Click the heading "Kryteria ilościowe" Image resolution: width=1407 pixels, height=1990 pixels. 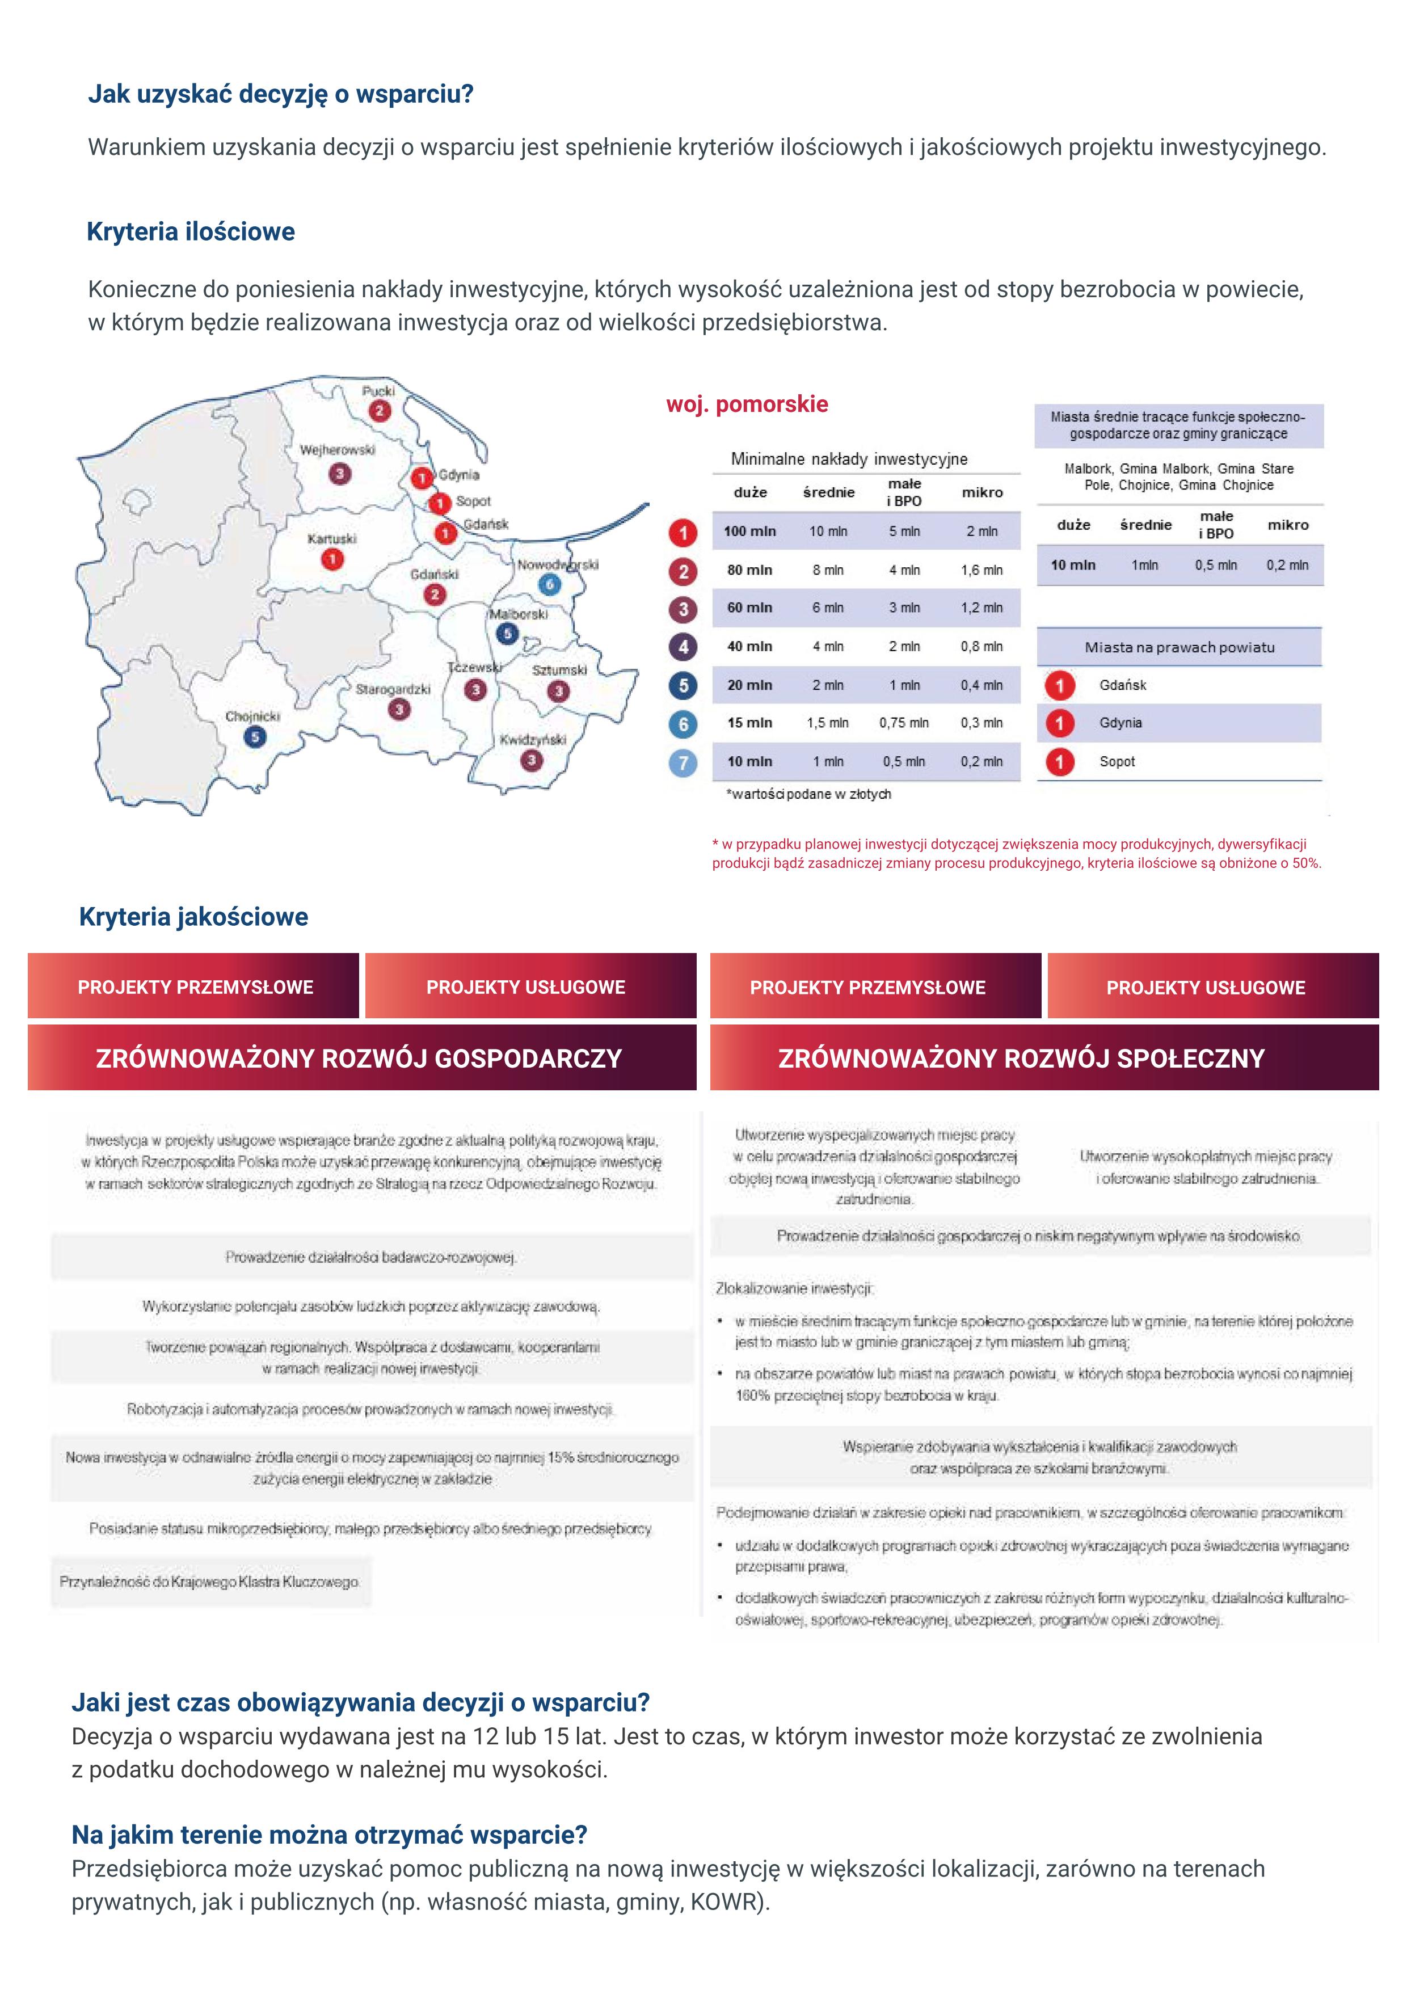pos(191,232)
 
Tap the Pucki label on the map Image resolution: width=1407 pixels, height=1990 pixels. pos(378,391)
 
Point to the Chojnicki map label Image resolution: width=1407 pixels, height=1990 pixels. pos(252,717)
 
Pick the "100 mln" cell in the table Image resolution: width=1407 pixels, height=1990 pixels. pos(751,532)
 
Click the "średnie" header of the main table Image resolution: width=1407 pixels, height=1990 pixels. pos(829,492)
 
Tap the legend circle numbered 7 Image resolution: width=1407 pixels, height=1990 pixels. pos(683,763)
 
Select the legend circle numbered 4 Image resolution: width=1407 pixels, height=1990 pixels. pos(683,647)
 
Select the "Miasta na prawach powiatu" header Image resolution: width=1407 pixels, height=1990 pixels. pos(1179,647)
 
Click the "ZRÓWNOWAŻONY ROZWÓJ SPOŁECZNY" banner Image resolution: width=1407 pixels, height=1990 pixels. pos(1021,1059)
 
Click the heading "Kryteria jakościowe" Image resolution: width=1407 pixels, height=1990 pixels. pos(193,917)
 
